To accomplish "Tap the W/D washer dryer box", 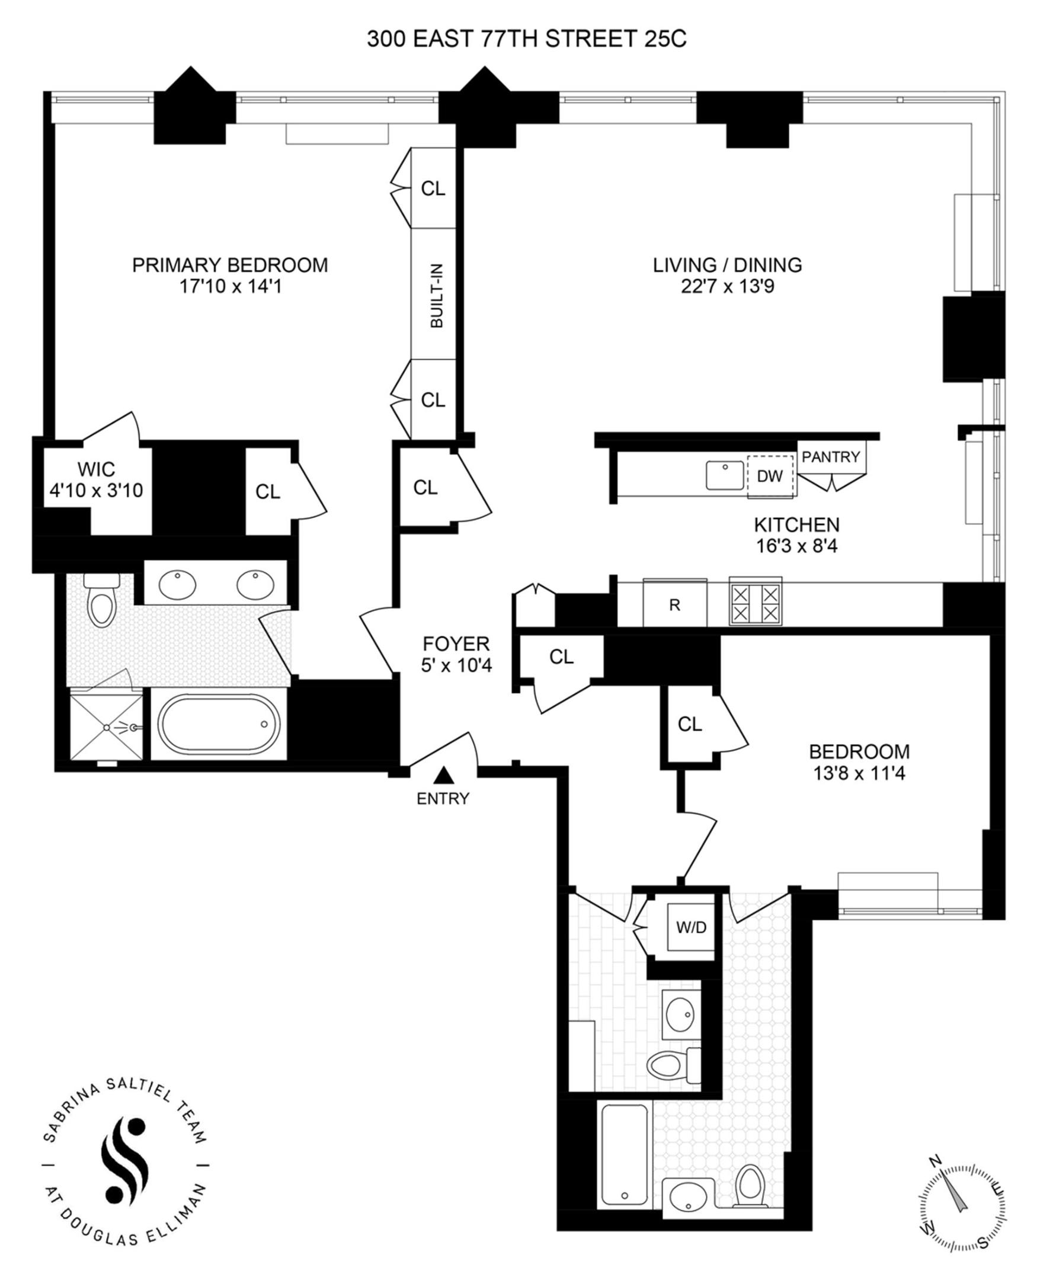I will tap(692, 927).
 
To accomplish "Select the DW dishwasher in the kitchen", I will tap(770, 476).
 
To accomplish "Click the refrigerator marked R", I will tap(674, 605).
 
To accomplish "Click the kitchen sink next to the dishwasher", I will tap(725, 475).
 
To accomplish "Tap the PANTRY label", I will tap(831, 456).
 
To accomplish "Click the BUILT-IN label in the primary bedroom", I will tap(437, 296).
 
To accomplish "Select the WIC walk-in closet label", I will tap(96, 469).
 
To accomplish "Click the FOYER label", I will tap(456, 644).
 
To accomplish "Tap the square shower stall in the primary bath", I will tap(107, 727).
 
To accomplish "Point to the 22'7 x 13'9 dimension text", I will tap(727, 286).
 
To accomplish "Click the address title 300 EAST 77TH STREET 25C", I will tap(527, 39).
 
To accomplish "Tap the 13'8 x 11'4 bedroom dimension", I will tap(859, 773).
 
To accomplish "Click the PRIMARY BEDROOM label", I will tap(230, 265).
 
